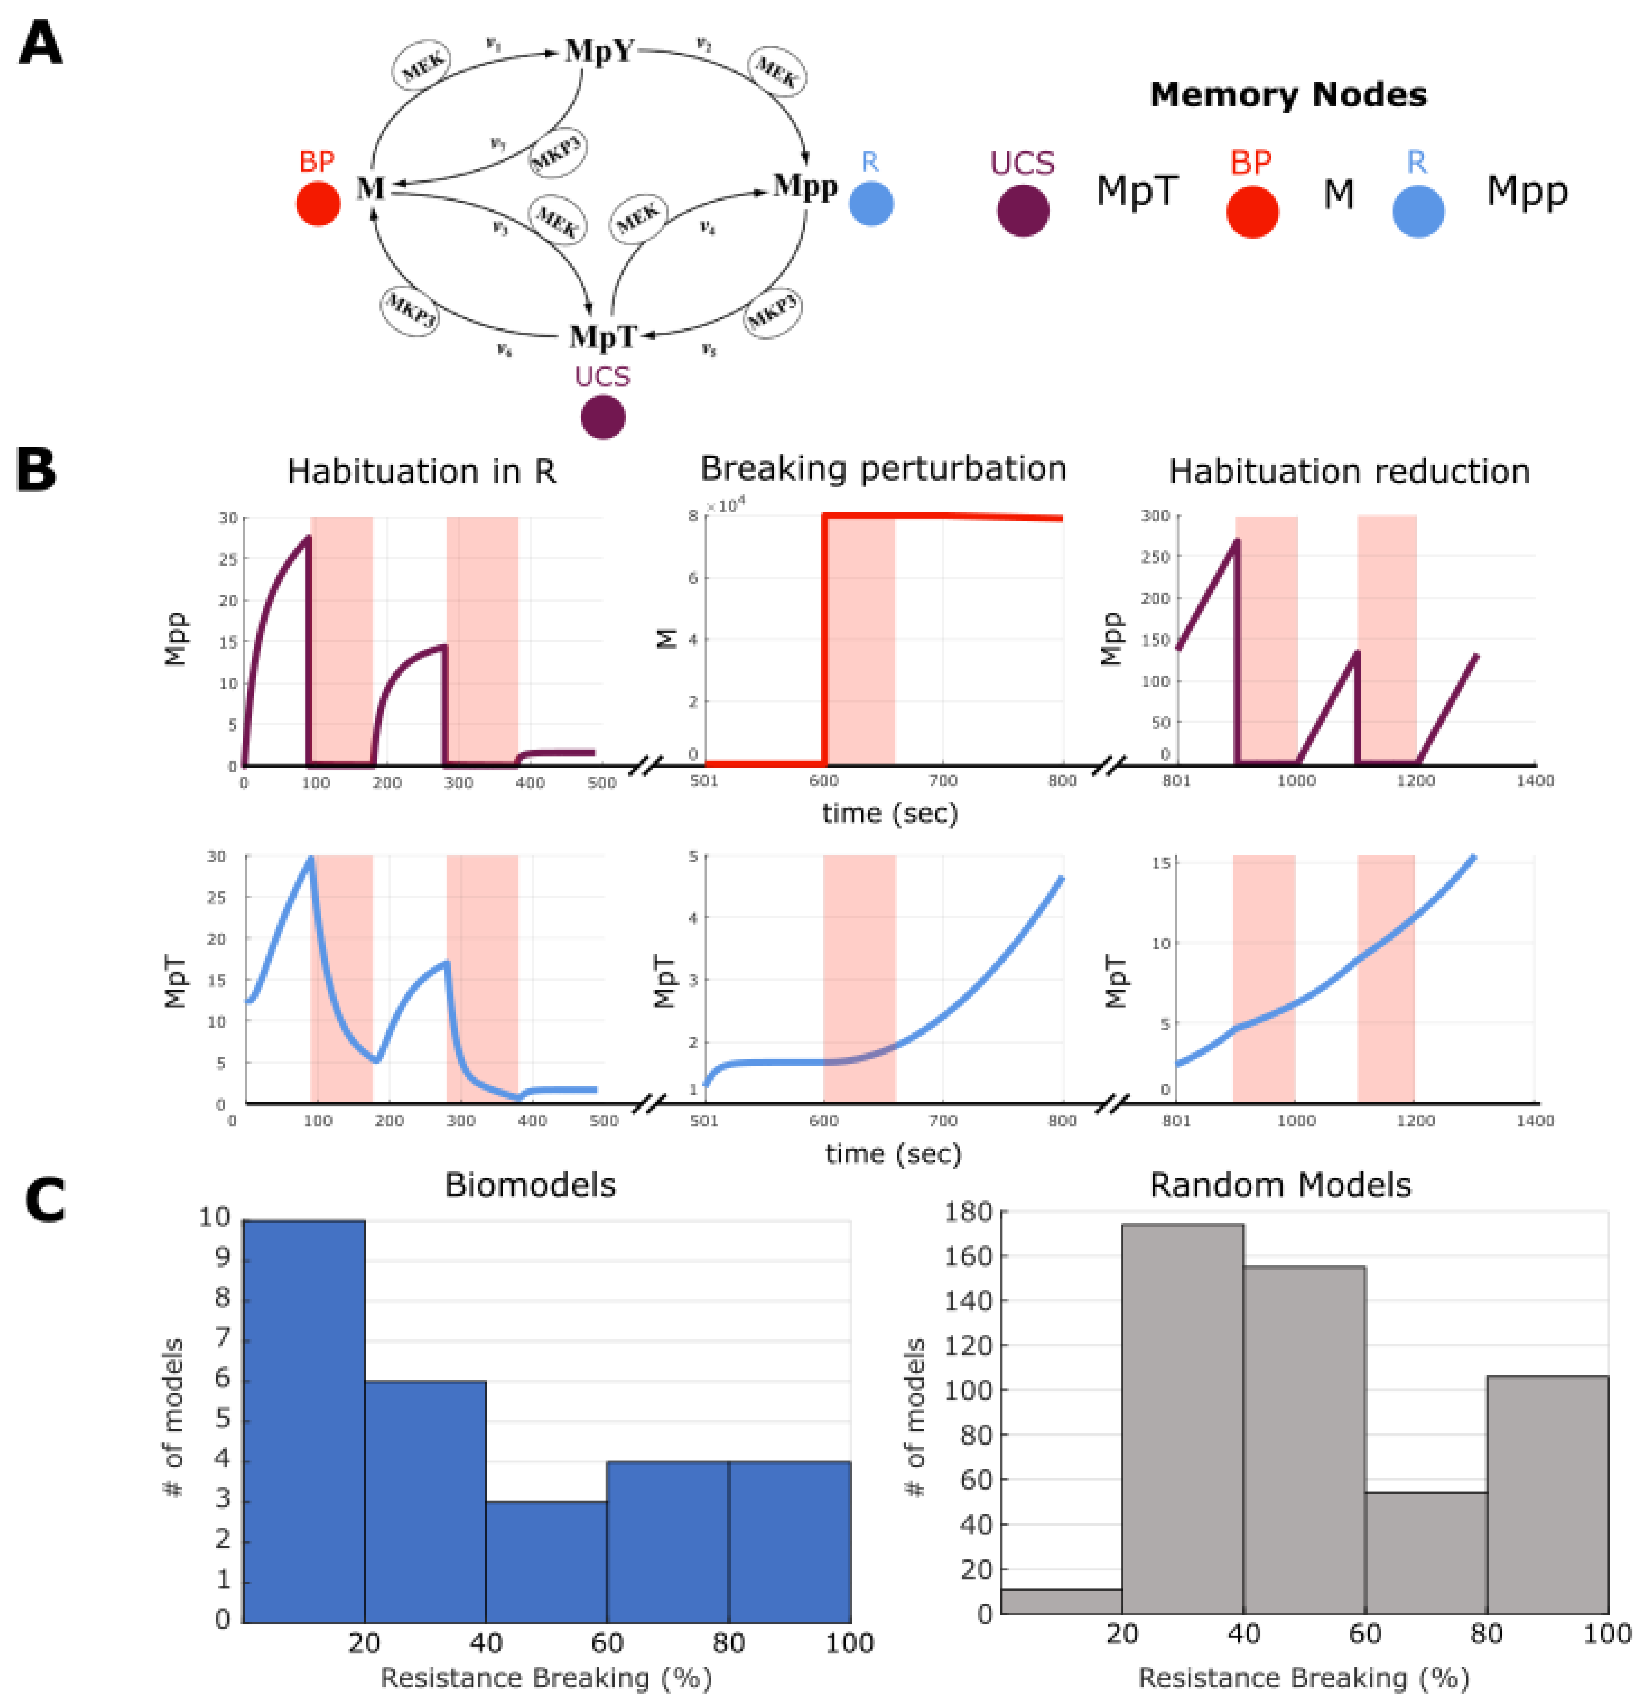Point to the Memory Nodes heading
[1288, 95]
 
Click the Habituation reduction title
[1349, 471]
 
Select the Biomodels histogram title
[530, 1184]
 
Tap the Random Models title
[1280, 1184]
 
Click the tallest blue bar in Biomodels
[304, 1421]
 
